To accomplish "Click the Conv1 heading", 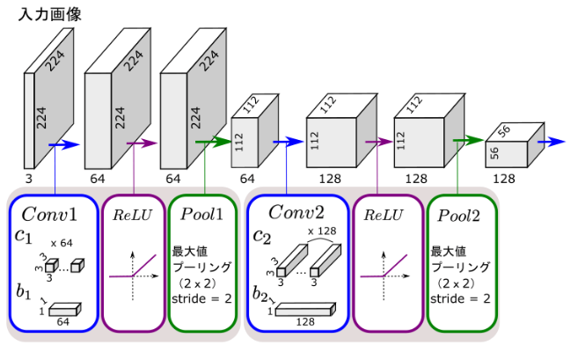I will point(50,215).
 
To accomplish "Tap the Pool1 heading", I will point(203,215).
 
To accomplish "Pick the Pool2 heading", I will point(461,216).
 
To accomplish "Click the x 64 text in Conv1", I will point(61,241).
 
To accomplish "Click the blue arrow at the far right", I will point(553,140).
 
